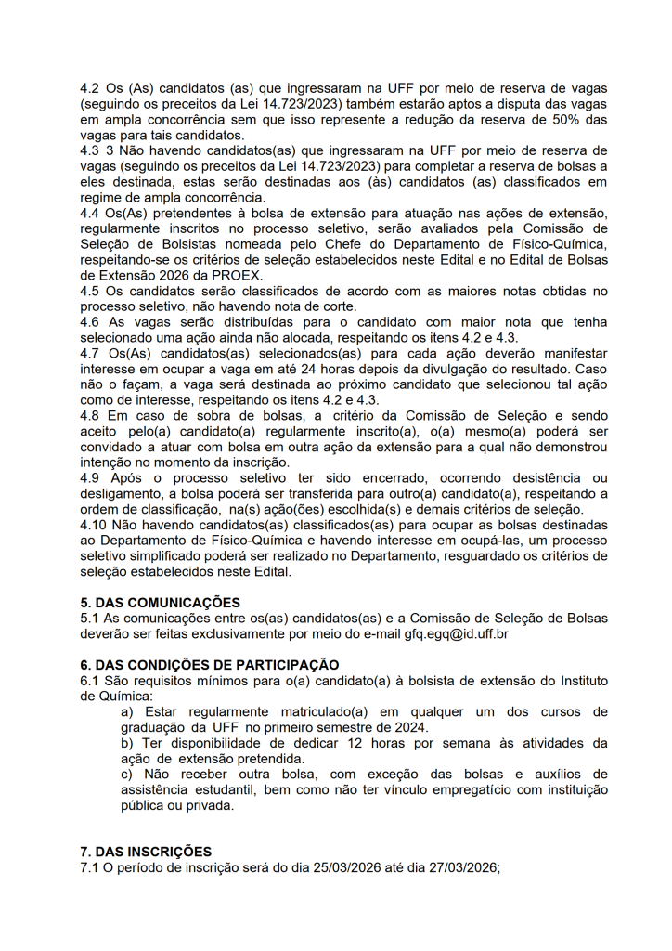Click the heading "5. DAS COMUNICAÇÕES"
160,603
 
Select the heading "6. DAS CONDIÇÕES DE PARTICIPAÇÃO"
210,665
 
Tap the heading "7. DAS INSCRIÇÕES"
146,852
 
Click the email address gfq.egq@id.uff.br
456,635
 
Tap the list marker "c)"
128,775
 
